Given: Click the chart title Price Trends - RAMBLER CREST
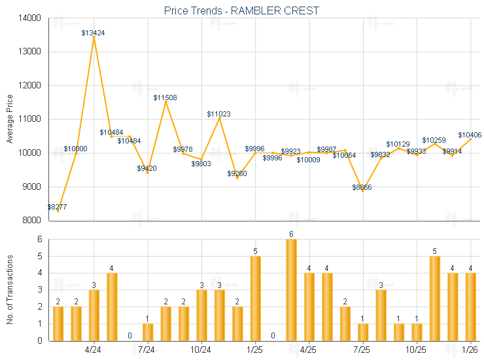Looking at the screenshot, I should [242, 10].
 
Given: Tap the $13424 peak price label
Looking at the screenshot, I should [94, 32].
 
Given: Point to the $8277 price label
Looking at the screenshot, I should [57, 207].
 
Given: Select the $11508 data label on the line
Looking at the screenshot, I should [165, 98].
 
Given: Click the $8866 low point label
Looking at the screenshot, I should [362, 187].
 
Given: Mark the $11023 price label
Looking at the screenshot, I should [218, 114].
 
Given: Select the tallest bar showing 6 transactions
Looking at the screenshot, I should [291, 289].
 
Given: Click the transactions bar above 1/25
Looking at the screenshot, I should [255, 298].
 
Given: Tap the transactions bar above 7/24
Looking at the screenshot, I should [148, 331].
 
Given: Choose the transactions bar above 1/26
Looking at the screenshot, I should [470, 306].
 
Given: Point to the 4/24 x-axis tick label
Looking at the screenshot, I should [94, 349].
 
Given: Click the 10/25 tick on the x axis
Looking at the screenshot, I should [416, 349].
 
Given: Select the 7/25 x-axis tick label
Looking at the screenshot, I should [362, 349].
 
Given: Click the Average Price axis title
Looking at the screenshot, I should [10, 119].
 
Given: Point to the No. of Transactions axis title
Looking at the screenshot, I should [10, 289].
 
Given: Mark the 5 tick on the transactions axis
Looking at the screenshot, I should [39, 256].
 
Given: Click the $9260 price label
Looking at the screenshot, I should [237, 173].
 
